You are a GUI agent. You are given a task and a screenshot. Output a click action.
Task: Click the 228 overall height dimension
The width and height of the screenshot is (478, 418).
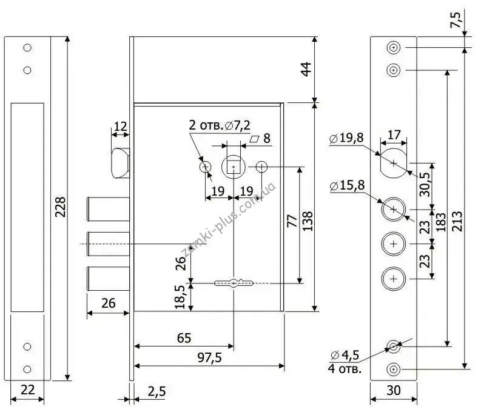[x=61, y=207]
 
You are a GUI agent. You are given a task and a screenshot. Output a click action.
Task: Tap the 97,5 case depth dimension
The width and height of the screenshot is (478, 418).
[x=209, y=357]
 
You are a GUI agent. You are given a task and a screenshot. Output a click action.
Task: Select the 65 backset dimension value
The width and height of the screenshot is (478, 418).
[x=184, y=338]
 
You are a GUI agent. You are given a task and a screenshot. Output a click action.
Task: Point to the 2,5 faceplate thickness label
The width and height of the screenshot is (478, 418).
[x=157, y=391]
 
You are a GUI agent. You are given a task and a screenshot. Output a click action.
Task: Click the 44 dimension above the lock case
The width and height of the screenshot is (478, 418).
[x=306, y=69]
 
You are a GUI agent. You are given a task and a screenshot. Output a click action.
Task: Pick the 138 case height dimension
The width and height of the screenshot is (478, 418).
[x=308, y=221]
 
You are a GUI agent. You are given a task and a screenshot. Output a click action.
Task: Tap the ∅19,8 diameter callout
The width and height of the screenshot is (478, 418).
[x=346, y=138]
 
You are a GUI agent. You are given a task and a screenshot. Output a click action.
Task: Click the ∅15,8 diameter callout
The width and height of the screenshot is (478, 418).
[x=347, y=185]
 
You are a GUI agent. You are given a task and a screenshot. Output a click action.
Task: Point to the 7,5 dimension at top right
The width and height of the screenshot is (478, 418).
[x=456, y=20]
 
